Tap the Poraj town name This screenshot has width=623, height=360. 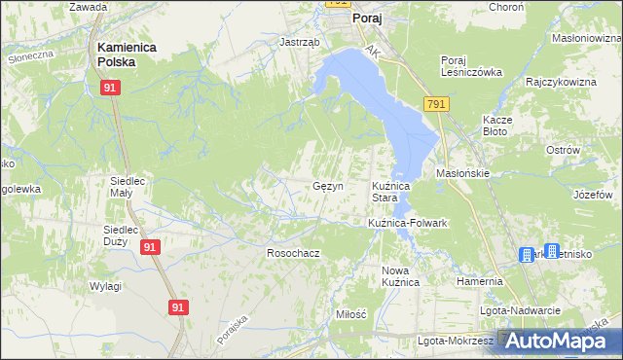pyautogui.click(x=366, y=18)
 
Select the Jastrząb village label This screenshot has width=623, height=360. pyautogui.click(x=299, y=43)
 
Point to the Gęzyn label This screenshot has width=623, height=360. pyautogui.click(x=326, y=186)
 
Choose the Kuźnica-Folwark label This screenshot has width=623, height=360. pyautogui.click(x=407, y=223)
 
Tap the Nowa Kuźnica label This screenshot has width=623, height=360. pyautogui.click(x=400, y=275)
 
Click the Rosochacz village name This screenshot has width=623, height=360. pyautogui.click(x=293, y=252)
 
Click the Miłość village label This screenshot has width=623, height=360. pyautogui.click(x=349, y=314)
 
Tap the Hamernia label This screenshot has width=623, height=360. pyautogui.click(x=479, y=281)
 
